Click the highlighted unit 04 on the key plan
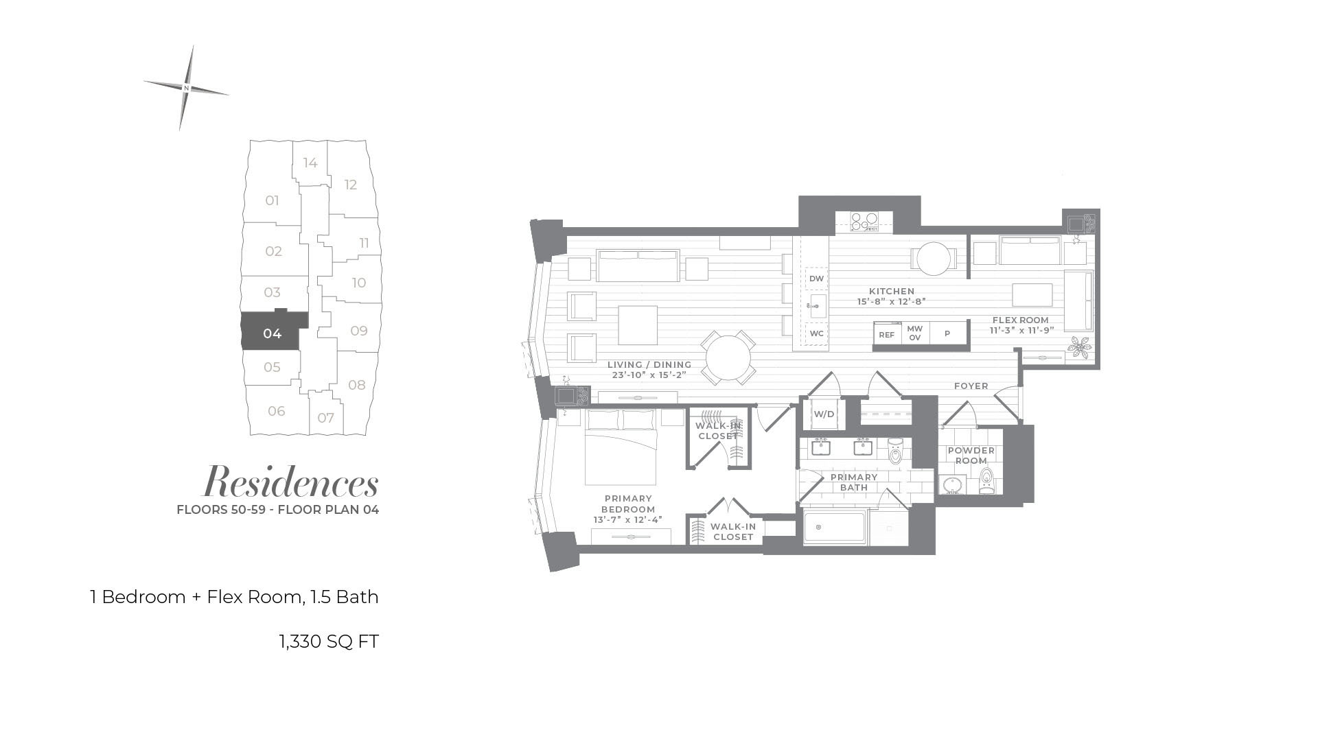(272, 333)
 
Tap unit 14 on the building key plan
(310, 163)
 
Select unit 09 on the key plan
(358, 331)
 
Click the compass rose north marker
(186, 88)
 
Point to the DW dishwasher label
(816, 279)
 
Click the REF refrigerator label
(887, 335)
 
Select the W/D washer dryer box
(824, 414)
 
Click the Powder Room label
(971, 456)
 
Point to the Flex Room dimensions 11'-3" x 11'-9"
(1021, 330)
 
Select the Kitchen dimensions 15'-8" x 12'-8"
(892, 301)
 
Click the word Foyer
(971, 386)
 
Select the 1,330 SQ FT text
(329, 642)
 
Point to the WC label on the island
(816, 333)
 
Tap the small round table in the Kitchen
(934, 259)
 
